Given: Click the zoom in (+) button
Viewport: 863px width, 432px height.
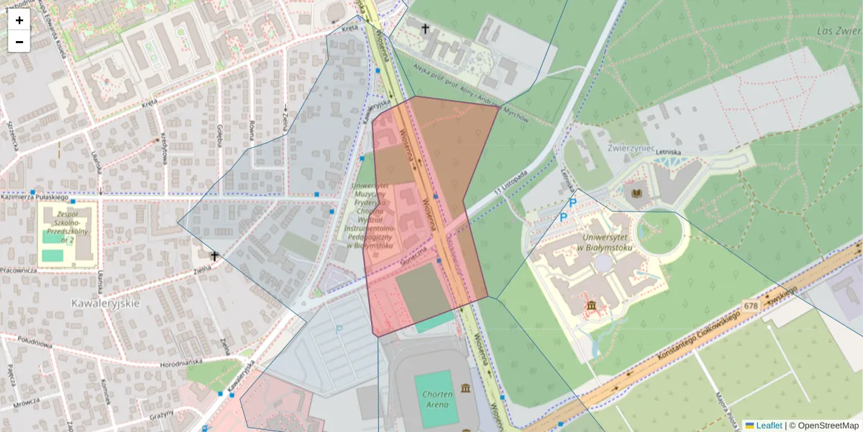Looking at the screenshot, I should click(x=19, y=20).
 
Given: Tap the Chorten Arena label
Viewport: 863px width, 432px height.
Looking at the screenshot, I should click(x=437, y=399).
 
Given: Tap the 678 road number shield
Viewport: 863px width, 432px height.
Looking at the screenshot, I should click(x=752, y=305).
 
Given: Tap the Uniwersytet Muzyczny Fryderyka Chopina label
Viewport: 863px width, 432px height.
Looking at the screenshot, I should click(x=379, y=215).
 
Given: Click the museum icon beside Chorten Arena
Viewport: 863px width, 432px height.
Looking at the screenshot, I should click(x=467, y=390).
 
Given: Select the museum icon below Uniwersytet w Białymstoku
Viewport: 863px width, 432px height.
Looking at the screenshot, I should click(x=591, y=307).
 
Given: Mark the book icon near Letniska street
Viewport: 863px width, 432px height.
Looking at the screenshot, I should click(x=636, y=193).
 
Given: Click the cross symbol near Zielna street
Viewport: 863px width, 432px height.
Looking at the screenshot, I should click(x=214, y=256).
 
